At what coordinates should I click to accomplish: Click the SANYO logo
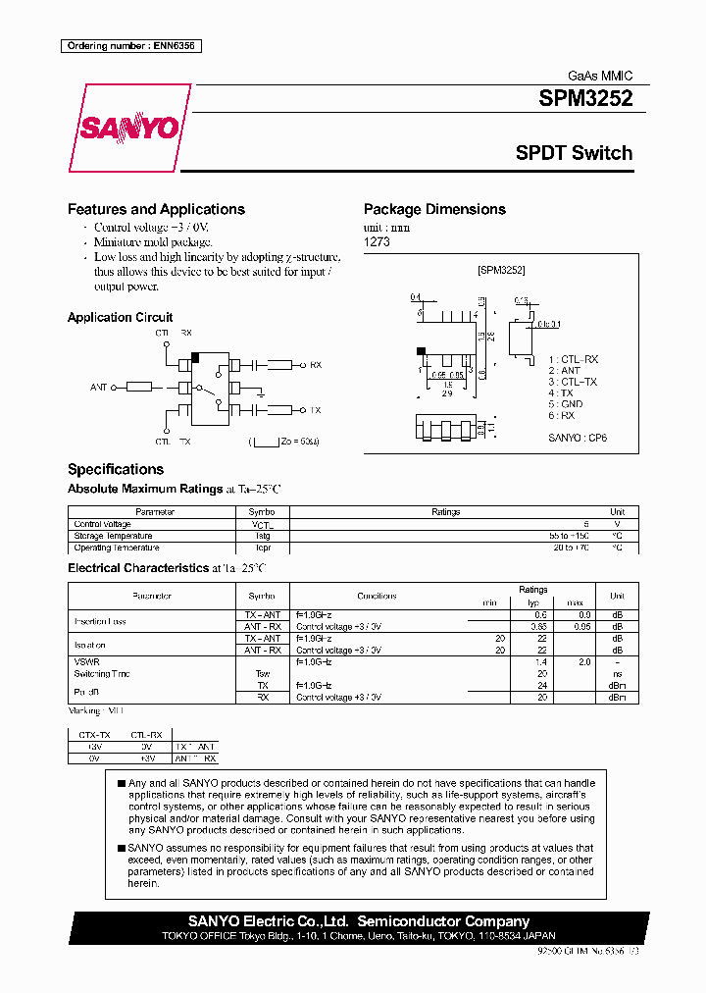(129, 129)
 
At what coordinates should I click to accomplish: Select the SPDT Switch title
(574, 153)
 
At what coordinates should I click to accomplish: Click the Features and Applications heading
(156, 209)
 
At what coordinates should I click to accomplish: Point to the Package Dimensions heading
(434, 209)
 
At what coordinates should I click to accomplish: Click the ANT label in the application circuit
(99, 388)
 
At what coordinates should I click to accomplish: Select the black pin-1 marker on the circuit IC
(196, 356)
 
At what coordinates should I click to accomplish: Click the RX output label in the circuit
(316, 365)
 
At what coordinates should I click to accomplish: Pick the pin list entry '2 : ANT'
(564, 371)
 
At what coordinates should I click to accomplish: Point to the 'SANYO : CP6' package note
(578, 439)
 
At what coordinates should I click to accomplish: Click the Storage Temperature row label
(113, 536)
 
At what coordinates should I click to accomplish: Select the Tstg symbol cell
(261, 536)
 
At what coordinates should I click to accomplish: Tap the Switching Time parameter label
(102, 674)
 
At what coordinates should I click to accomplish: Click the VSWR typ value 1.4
(539, 662)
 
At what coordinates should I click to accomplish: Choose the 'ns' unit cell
(617, 674)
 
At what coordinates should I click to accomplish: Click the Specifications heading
(116, 469)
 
